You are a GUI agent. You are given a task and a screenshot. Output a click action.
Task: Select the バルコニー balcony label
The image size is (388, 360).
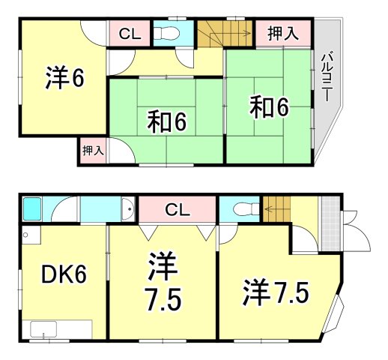point(327,76)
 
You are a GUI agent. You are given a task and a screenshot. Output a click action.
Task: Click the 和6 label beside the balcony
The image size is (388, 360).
point(268,109)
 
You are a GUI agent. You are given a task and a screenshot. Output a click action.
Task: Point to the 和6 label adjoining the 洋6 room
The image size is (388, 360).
point(166,120)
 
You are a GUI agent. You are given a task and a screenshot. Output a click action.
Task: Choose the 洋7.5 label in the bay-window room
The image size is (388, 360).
point(275,292)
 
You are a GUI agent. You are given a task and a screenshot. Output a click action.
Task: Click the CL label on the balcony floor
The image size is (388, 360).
point(130,33)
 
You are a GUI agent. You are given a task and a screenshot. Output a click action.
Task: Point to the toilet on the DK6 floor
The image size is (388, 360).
point(242,208)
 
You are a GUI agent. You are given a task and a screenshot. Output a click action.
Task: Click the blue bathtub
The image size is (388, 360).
point(31,208)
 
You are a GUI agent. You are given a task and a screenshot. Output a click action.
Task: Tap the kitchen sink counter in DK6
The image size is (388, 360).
point(61,328)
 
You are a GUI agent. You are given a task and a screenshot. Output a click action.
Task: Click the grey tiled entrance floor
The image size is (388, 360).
point(328,217)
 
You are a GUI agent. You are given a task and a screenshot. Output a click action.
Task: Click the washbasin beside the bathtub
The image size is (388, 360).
point(127,210)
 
